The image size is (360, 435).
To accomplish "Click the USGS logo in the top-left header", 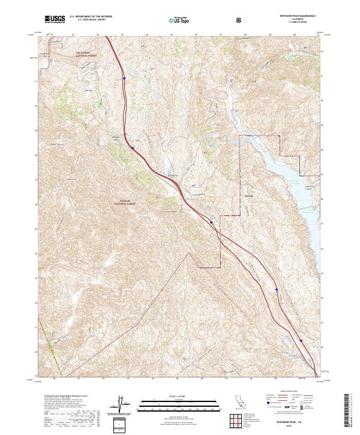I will tap(55, 20).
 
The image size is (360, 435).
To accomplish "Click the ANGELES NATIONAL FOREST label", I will tap(125, 203).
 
